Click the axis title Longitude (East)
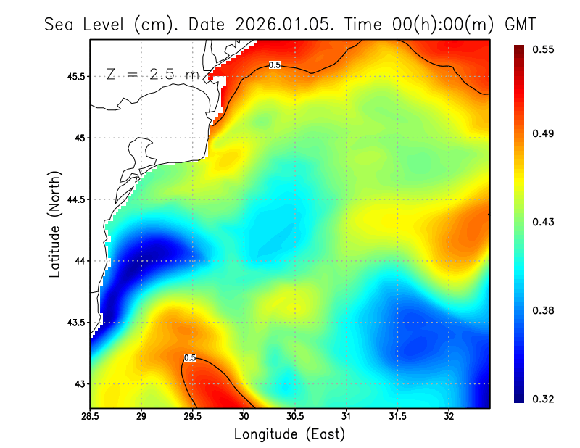coord(289,434)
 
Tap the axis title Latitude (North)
coord(55,223)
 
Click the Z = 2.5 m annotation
coord(152,74)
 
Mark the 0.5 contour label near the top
coord(275,65)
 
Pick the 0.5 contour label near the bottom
coord(190,357)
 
